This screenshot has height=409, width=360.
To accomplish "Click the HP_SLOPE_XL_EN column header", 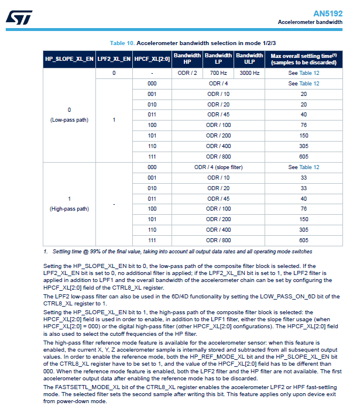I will pos(69,60).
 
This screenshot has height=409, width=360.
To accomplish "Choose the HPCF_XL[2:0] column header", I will pos(152,60).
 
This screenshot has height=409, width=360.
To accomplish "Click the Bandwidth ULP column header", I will pos(249,59).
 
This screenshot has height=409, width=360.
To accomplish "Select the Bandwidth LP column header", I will pos(218,59).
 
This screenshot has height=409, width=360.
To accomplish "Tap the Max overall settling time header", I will pos(303,59).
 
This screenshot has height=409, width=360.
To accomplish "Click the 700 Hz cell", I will pos(218,73).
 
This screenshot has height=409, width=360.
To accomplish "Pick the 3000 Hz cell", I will pos(249,73).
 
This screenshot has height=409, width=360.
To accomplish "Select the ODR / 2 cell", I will pos(187,73).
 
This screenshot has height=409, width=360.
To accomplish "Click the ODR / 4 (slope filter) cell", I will pos(218,167).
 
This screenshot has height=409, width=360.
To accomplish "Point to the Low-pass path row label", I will pos(69,120).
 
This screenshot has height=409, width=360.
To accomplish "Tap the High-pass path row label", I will pos(69,208).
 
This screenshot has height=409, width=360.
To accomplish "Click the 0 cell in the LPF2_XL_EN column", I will pos(114,73).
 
